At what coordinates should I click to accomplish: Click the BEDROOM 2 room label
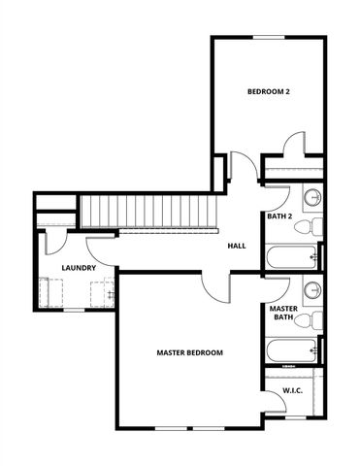pos(269,92)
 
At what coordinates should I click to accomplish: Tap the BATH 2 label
pos(279,216)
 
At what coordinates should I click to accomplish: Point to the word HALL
pos(236,246)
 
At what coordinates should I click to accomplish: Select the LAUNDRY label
pos(77,268)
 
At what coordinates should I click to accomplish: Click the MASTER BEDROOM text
pos(190,352)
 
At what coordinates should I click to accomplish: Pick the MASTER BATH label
pos(282,312)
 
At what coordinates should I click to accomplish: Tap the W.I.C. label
pos(293,390)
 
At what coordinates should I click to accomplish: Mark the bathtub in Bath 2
pos(291,258)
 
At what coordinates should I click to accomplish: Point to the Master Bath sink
pos(313,289)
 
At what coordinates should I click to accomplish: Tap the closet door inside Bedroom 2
pos(291,145)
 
